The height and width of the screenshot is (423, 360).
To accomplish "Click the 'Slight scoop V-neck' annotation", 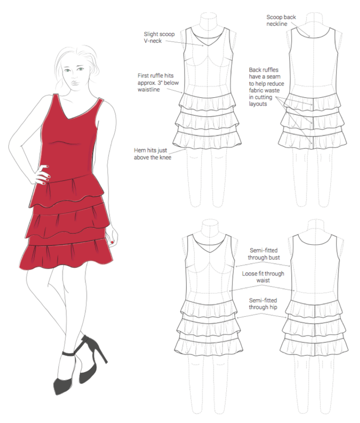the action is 159,38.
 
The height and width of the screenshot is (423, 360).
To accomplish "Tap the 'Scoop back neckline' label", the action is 281,21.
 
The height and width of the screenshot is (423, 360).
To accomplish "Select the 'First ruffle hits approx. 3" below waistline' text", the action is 158,82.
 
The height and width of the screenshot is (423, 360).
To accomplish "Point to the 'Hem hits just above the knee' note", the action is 153,154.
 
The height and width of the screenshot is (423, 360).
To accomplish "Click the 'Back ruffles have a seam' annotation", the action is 266,87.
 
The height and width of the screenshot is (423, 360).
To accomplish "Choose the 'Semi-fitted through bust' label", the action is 263,254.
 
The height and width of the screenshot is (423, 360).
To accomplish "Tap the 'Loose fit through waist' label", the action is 263,277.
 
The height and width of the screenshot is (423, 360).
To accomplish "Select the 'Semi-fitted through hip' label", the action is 263,304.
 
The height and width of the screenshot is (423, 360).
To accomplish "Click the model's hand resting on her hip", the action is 42,175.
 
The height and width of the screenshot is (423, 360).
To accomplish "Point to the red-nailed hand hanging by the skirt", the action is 113,237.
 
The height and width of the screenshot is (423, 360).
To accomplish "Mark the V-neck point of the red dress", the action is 66,119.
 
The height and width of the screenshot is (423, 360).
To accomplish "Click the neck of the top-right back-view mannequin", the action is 314,21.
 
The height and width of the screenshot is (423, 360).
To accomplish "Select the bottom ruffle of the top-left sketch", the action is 207,140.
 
